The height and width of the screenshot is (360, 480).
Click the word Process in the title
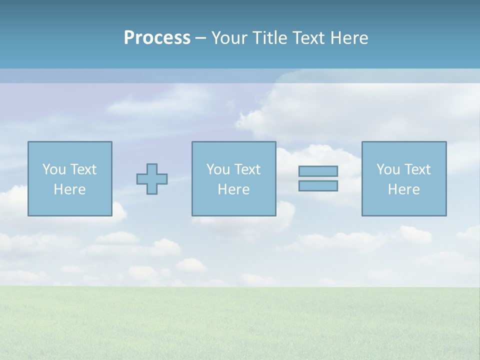coord(157,38)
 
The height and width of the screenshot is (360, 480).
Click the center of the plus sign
coord(152,179)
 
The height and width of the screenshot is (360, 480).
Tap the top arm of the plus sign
coord(152,168)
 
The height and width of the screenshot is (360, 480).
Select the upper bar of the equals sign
coord(318,171)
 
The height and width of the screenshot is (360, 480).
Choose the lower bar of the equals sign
coord(318,185)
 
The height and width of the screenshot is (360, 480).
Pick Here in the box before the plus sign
coord(69,189)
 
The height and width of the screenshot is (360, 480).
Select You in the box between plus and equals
coord(217,169)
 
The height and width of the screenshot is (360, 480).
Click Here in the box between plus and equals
coord(233,189)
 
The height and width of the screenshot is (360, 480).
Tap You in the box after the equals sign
coord(387,169)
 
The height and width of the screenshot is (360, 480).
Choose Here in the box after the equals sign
coord(403,189)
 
